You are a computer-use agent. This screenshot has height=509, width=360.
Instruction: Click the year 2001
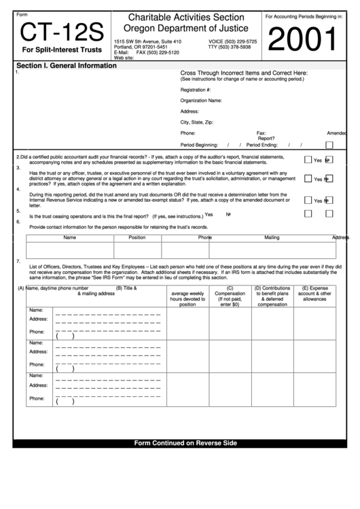(303, 40)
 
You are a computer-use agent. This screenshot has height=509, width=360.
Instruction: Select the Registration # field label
(196, 89)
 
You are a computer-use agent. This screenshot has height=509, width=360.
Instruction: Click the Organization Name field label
(201, 100)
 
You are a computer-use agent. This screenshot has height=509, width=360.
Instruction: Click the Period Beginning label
(199, 145)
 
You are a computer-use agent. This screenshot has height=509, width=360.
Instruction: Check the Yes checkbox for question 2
(308, 160)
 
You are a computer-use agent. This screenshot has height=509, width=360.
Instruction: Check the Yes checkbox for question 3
(308, 179)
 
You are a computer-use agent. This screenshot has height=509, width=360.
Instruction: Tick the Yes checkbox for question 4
(308, 200)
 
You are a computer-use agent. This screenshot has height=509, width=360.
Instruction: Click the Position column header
(137, 238)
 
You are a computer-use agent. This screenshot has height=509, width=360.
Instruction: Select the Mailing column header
(272, 238)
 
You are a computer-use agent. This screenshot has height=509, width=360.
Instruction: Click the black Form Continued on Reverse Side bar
(185, 443)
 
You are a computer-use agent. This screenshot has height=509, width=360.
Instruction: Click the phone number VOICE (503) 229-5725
(232, 41)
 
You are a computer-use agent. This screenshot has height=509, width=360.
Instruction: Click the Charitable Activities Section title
(185, 16)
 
